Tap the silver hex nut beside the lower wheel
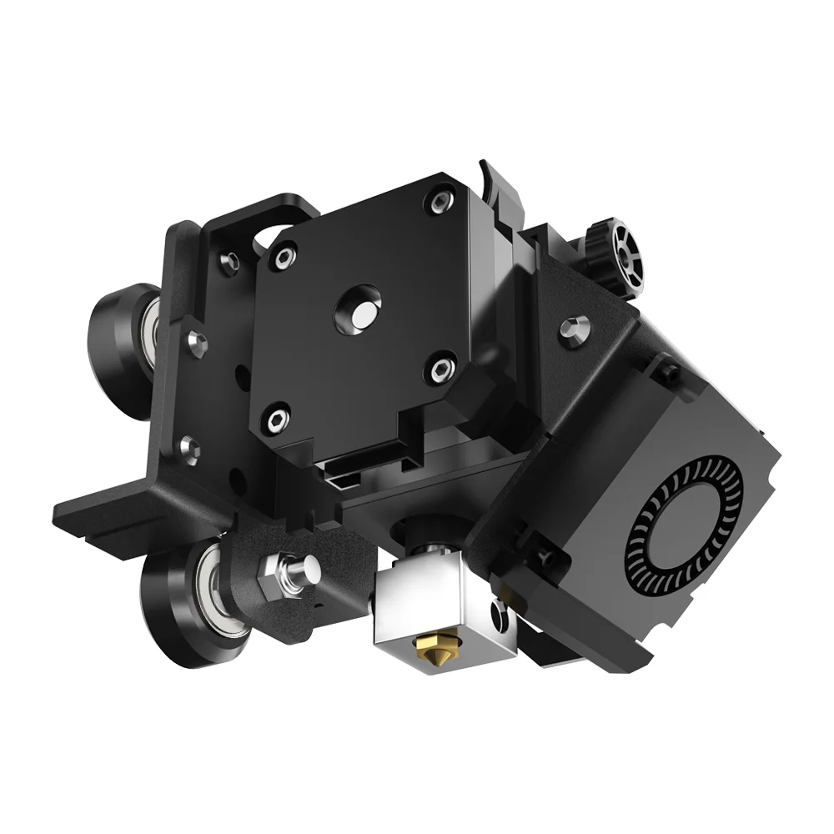point(275,575)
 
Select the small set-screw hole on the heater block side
point(500,618)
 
